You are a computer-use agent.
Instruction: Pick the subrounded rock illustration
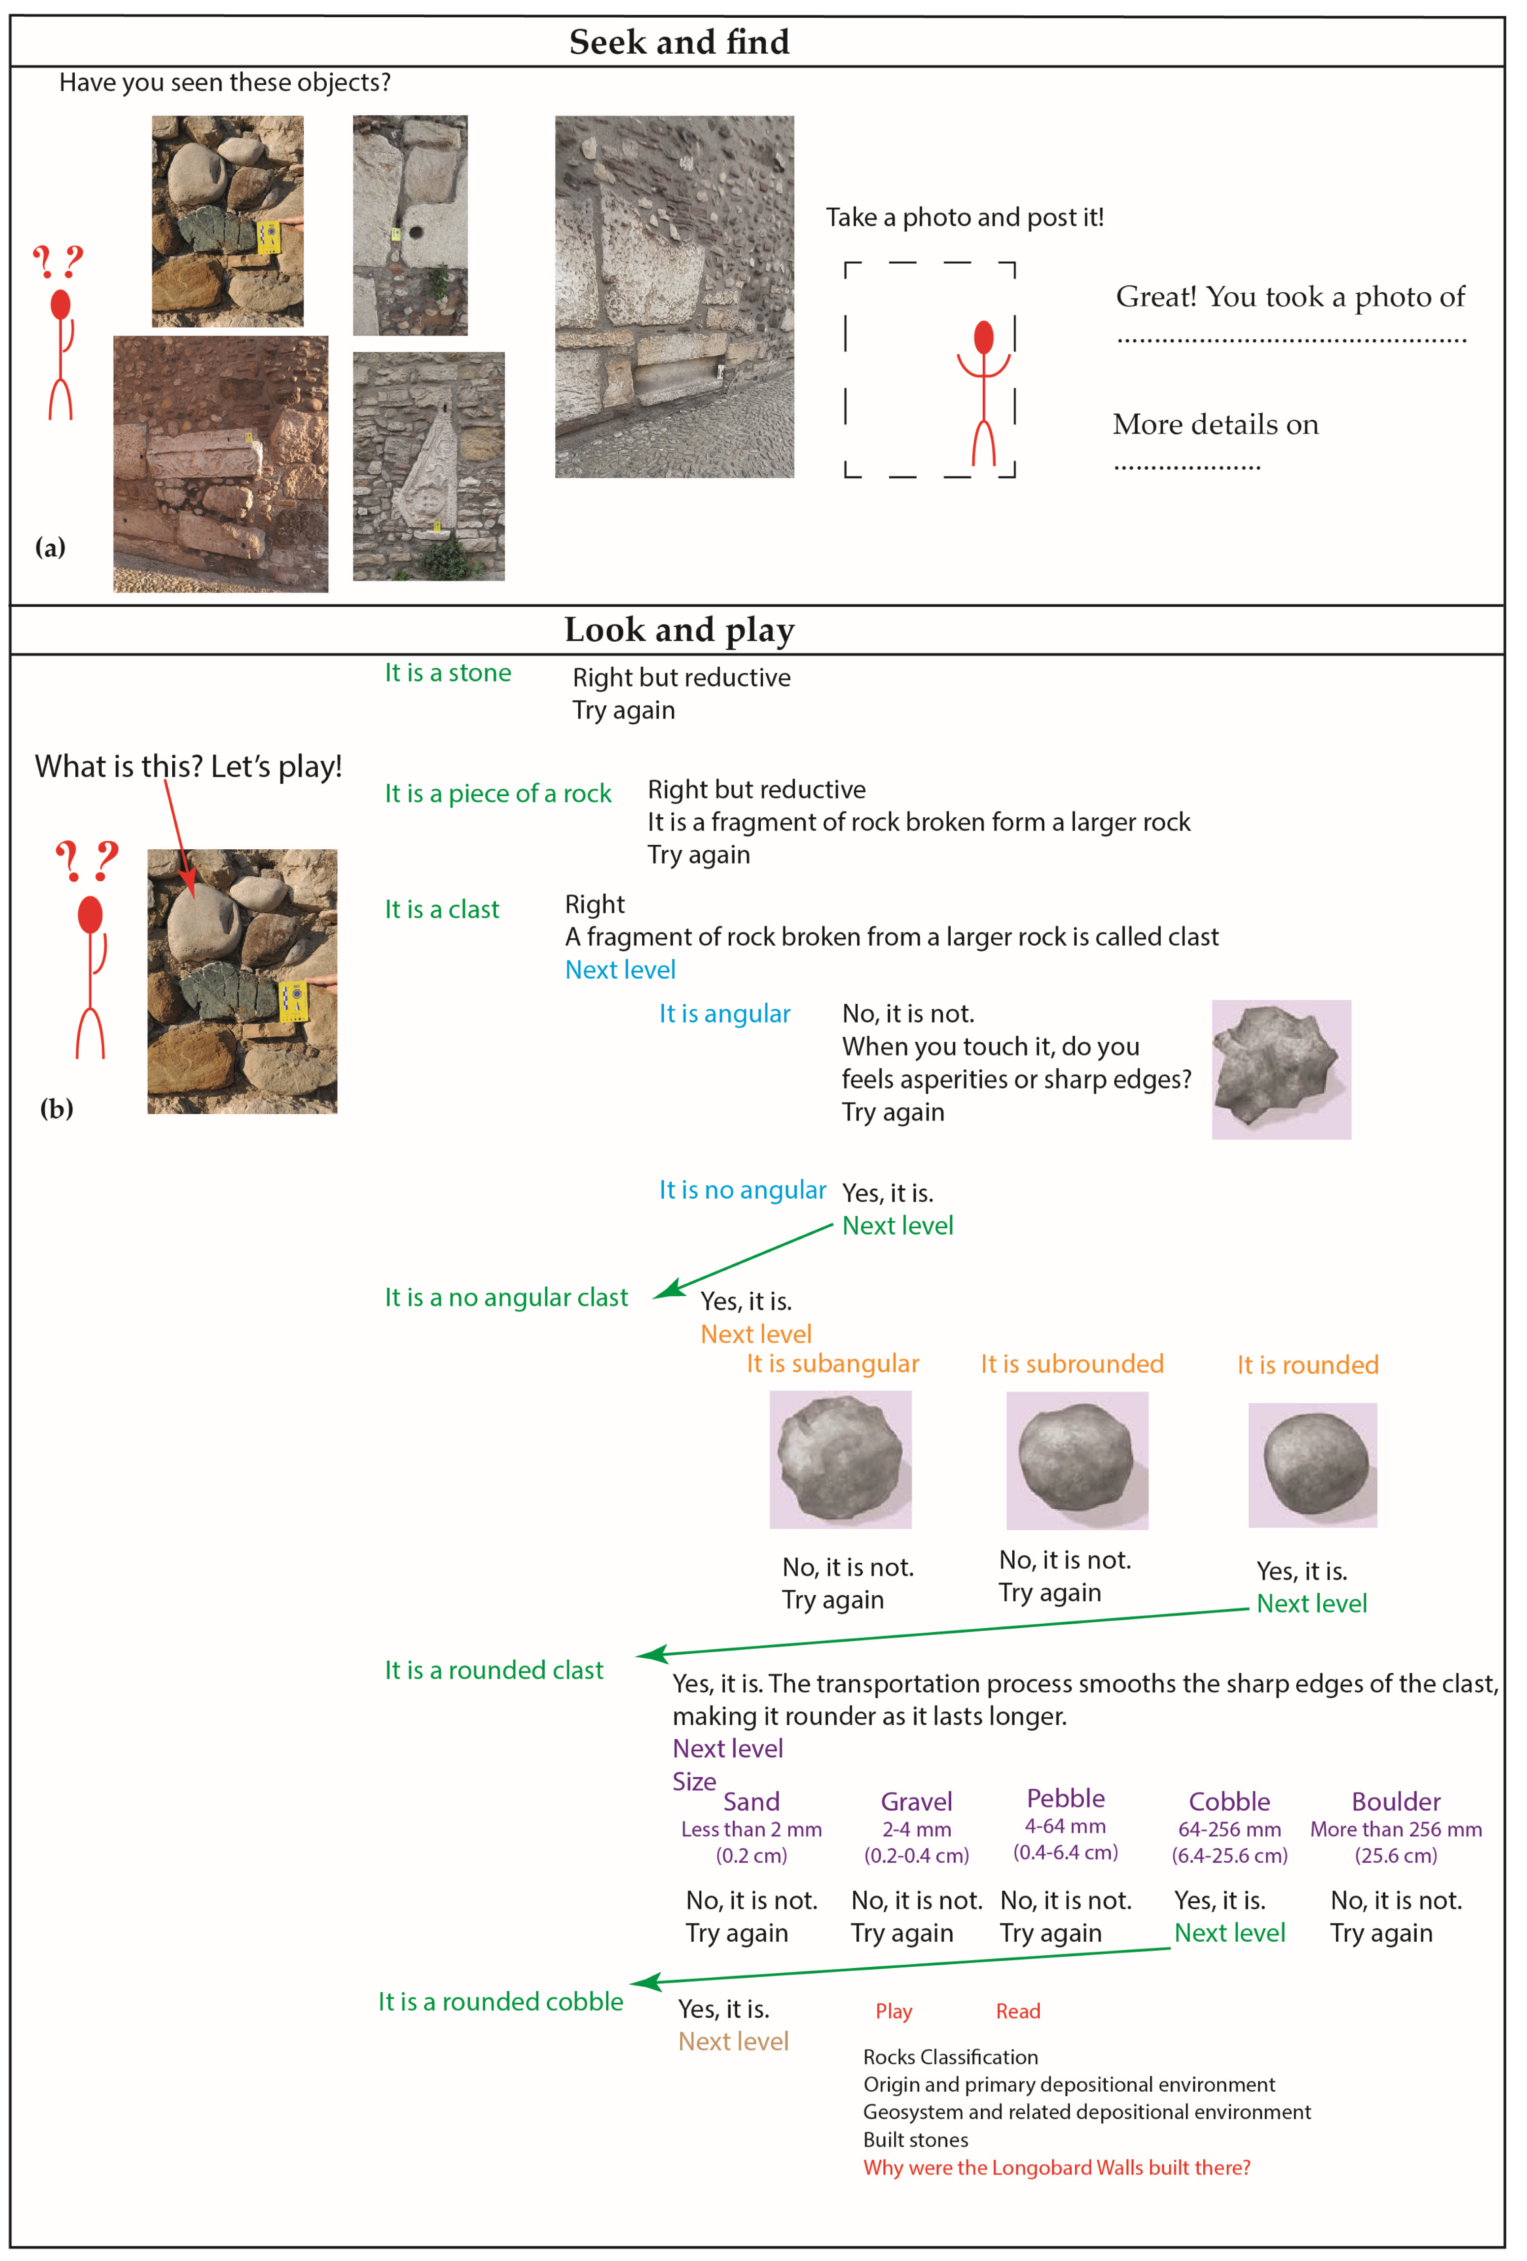1076,1459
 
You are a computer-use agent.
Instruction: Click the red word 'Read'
1017,2011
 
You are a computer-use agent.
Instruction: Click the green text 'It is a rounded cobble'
500,2001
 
